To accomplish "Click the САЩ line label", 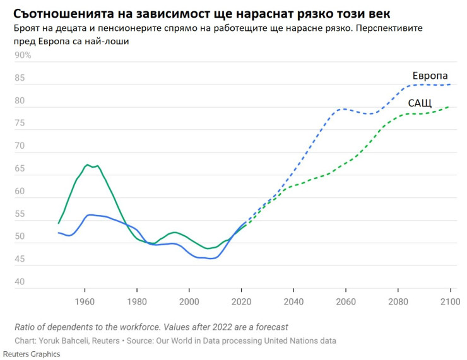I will pyautogui.click(x=420, y=103).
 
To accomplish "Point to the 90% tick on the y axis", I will pyautogui.click(x=23, y=55).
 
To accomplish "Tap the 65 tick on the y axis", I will pyautogui.click(x=20, y=169).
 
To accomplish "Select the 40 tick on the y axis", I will pyautogui.click(x=20, y=282).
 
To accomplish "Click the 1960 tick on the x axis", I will pyautogui.click(x=84, y=301).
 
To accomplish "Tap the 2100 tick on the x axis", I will pyautogui.click(x=450, y=301).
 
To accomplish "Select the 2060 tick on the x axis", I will pyautogui.click(x=345, y=301).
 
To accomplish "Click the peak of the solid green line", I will pyautogui.click(x=88, y=165).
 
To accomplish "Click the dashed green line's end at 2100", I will pyautogui.click(x=449, y=107).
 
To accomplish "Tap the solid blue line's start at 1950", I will pyautogui.click(x=58, y=233).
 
